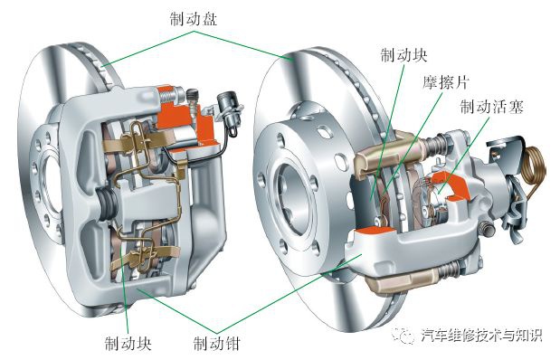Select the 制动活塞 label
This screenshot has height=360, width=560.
point(490,107)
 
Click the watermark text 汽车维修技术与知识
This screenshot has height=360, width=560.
point(481,336)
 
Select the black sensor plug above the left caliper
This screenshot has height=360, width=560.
point(228,109)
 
